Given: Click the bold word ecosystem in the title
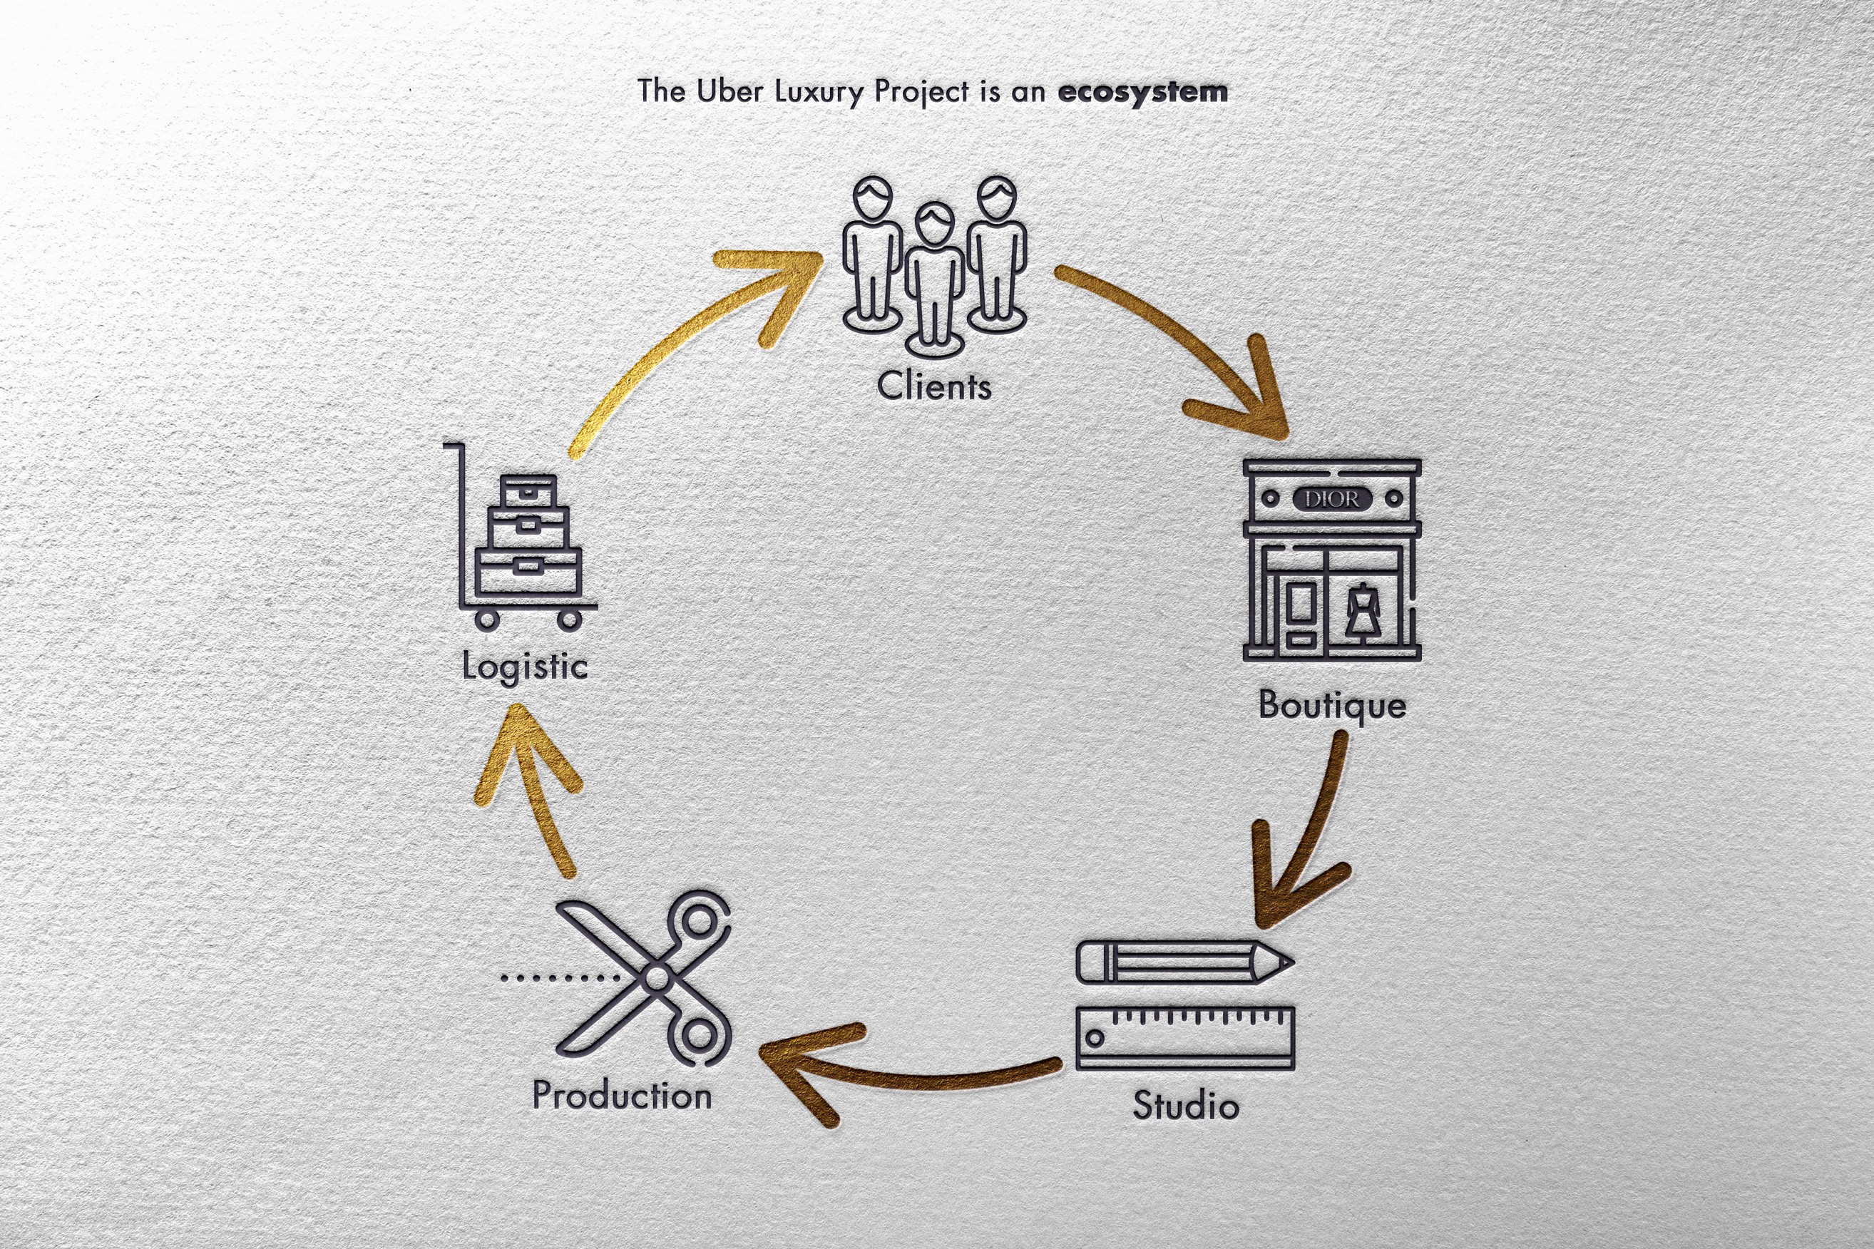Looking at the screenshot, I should [x=1142, y=91].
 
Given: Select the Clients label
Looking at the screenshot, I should [x=934, y=386].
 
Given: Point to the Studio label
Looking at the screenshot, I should [x=1186, y=1106].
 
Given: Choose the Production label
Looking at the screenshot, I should [x=622, y=1095].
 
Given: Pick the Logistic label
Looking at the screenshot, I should [x=525, y=667].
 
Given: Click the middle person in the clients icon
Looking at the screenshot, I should [x=935, y=279].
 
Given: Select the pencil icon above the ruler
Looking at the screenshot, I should [x=1183, y=962].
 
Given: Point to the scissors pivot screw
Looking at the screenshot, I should [x=657, y=976].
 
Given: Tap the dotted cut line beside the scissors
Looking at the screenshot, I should [x=558, y=977].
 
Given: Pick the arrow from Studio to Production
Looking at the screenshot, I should [x=901, y=1071].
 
